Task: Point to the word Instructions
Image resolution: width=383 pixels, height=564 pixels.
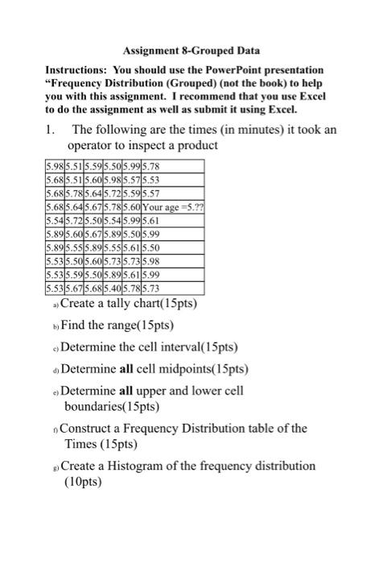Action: [79, 70]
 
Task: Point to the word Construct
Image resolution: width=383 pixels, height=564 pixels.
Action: [91, 429]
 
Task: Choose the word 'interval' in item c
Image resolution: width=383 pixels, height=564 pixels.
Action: [184, 347]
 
